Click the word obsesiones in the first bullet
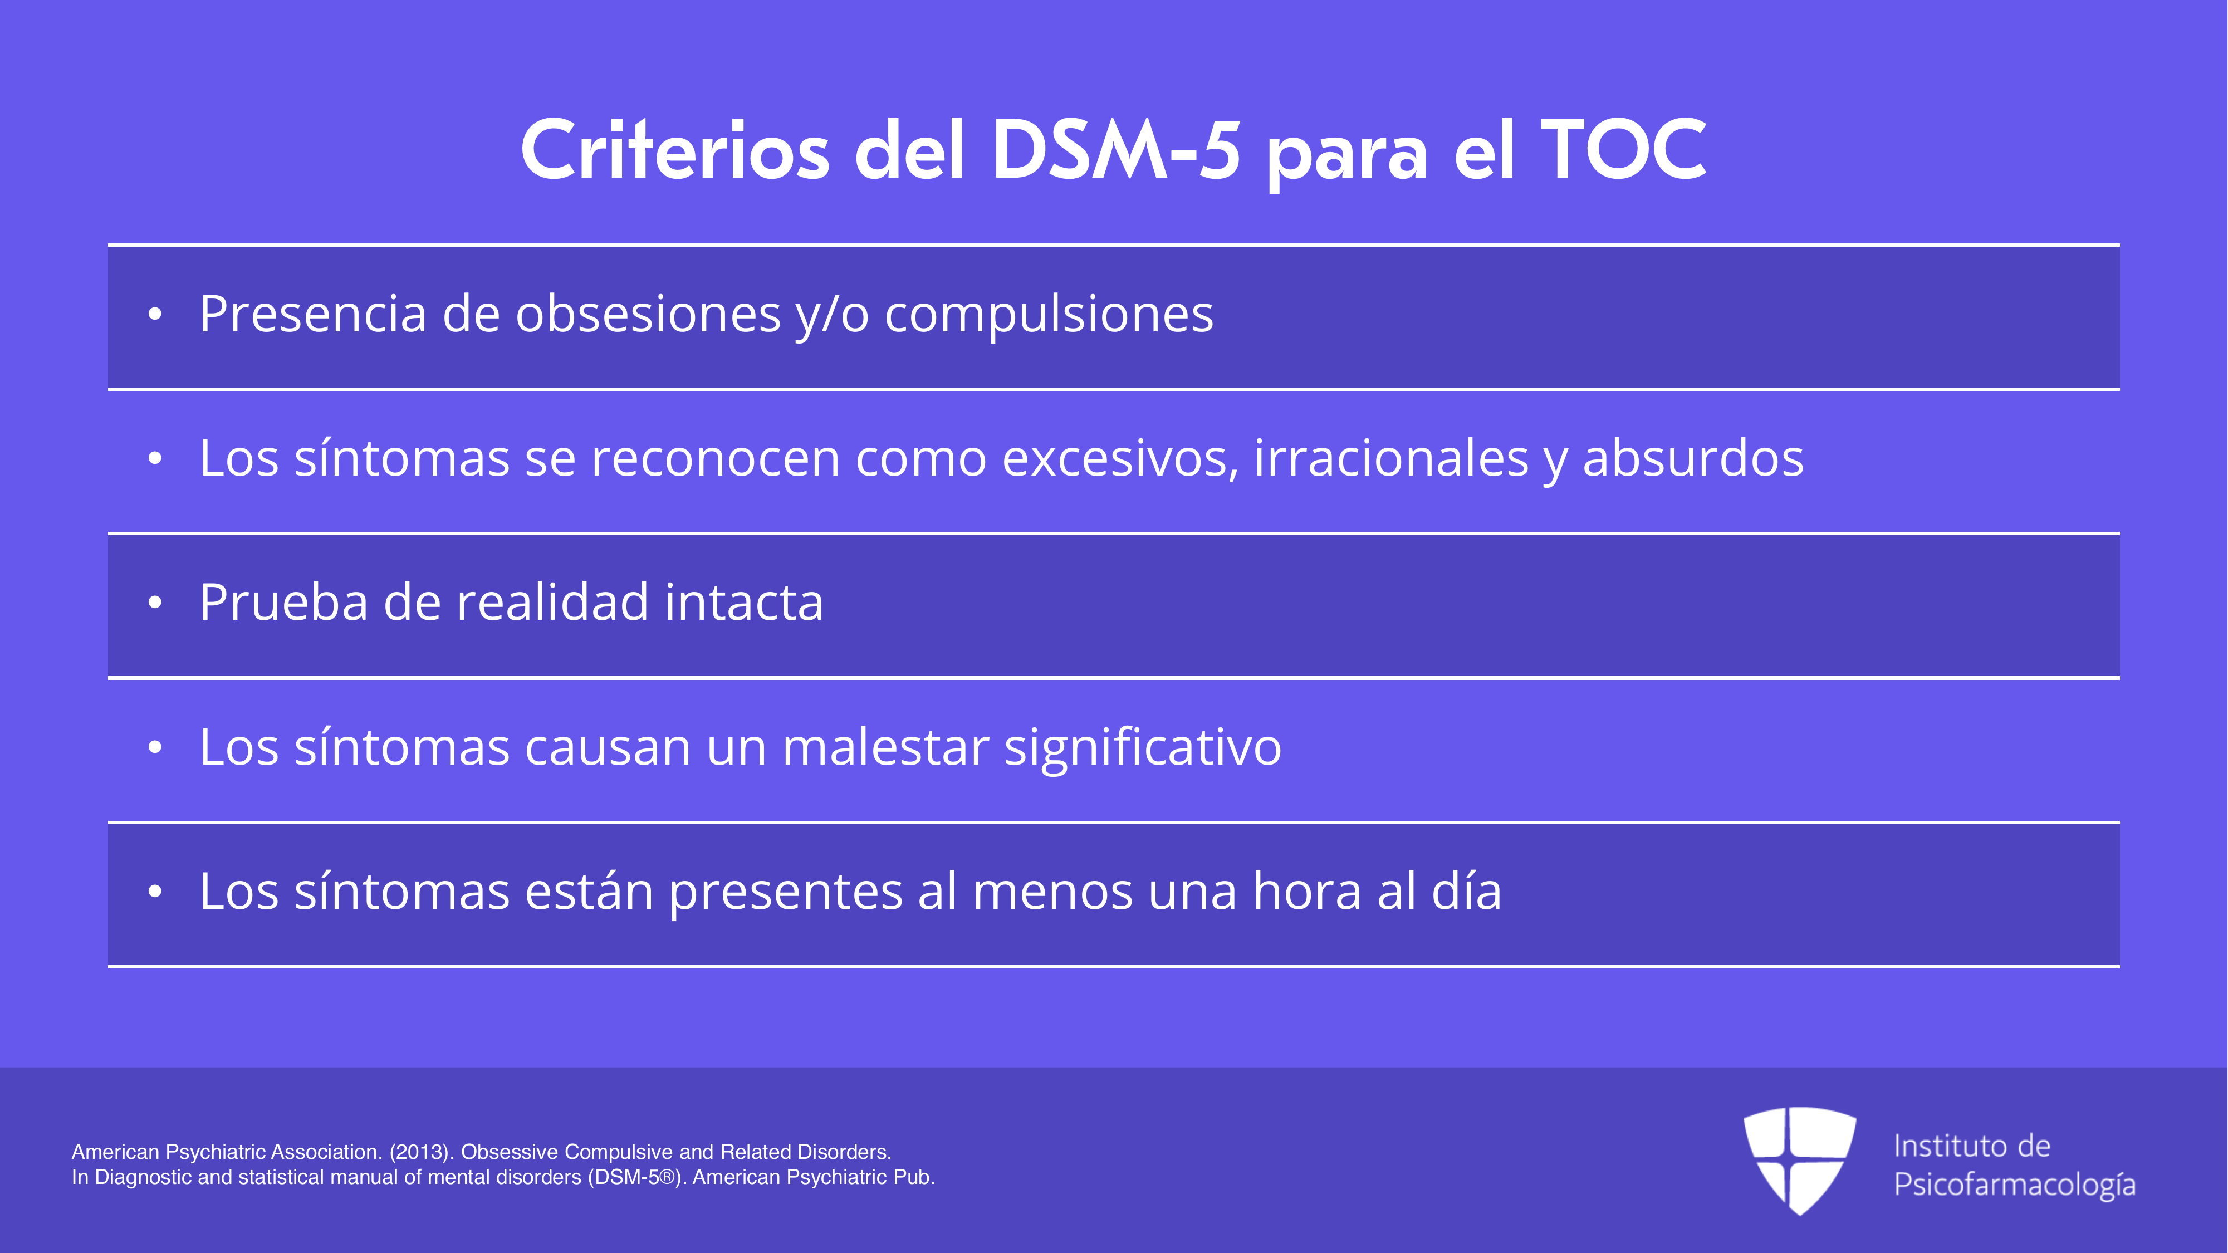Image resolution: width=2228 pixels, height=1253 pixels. pos(649,313)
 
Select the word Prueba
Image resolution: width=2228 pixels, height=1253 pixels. pos(283,602)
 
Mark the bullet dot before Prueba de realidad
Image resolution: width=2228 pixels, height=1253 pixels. pos(155,603)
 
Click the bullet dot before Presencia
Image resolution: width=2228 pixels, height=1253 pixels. pos(155,315)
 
